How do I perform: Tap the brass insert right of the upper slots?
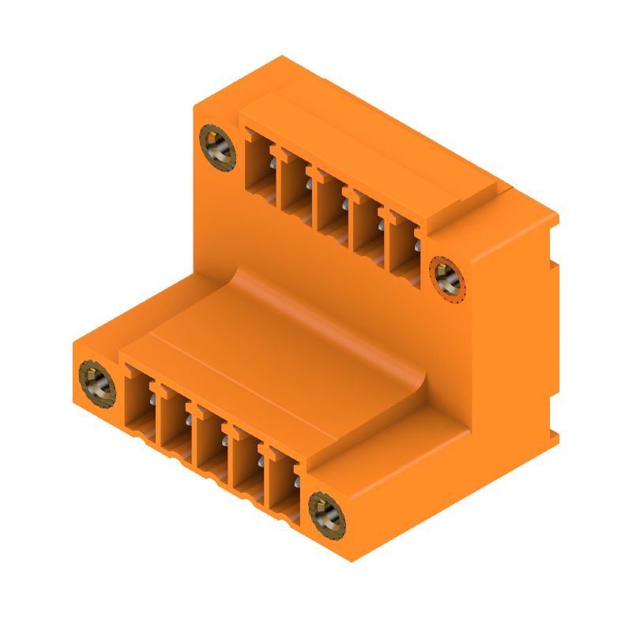[x=447, y=276]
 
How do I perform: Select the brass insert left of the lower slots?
[x=96, y=382]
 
